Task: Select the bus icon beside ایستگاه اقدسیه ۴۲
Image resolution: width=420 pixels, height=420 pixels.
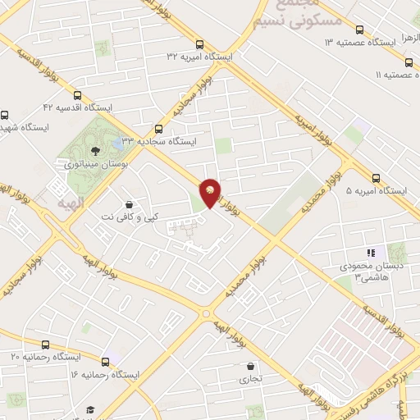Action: pos(78,94)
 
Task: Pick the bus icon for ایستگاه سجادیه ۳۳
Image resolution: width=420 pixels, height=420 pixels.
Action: pos(159,128)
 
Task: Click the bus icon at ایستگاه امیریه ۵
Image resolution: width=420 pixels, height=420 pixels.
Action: pos(376,177)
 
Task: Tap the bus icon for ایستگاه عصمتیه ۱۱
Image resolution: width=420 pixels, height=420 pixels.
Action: pos(409,62)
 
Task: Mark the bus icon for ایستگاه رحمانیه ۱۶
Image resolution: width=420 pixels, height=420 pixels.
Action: pos(105,361)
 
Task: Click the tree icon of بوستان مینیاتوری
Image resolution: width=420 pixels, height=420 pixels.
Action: pos(96,150)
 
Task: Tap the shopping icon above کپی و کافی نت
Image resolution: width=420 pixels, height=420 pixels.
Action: pos(128,203)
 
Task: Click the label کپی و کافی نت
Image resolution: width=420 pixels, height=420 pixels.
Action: pos(128,217)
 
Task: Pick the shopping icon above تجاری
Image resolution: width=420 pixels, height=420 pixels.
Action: pos(249,366)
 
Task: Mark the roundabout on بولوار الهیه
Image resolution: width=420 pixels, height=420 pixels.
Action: pos(205,313)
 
